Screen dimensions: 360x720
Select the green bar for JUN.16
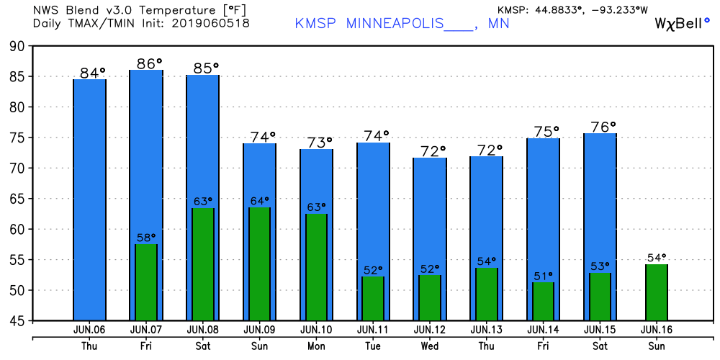(657, 292)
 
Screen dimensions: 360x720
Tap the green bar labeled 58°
(146, 282)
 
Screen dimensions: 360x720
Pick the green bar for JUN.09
(259, 264)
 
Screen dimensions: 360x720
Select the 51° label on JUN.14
(543, 275)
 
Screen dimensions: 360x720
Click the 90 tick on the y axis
(16, 46)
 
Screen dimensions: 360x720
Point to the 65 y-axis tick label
(16, 199)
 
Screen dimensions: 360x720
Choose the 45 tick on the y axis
(16, 321)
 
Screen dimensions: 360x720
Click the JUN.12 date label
(429, 329)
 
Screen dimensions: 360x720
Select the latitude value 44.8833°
(562, 9)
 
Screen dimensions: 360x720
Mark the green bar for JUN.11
(373, 298)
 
